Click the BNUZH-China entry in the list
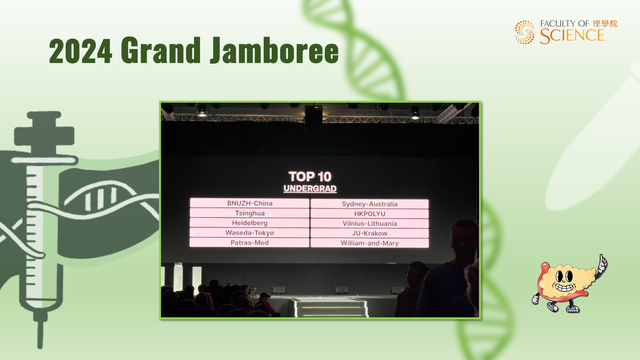coord(250,203)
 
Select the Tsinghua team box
coord(250,213)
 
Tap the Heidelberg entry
coord(250,223)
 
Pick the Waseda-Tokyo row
coord(250,233)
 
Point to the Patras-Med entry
coord(250,243)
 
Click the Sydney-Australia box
coord(370,204)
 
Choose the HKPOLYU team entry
coord(370,214)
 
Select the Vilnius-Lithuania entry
coord(370,223)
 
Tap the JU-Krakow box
coord(370,233)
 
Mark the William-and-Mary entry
coord(370,243)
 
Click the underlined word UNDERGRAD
coord(310,189)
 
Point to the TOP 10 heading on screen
coord(310,177)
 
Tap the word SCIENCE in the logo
coord(572,36)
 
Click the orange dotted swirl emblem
coord(525,32)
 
